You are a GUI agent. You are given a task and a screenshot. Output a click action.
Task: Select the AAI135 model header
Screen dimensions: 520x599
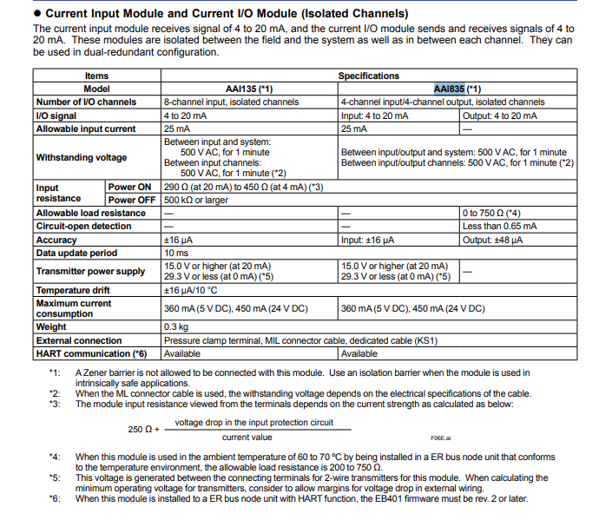pos(248,89)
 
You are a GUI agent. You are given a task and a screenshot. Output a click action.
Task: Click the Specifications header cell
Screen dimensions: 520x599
pos(368,76)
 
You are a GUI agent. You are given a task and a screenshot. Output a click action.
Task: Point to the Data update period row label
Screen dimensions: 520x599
pos(76,253)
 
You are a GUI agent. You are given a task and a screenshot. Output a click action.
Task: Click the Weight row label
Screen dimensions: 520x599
pos(51,326)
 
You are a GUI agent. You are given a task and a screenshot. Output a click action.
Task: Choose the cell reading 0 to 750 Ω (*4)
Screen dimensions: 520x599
pos(493,213)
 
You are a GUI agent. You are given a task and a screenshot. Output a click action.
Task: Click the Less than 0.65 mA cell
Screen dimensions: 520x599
pos(500,226)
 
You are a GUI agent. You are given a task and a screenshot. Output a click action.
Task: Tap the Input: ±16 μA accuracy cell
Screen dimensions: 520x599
pos(368,240)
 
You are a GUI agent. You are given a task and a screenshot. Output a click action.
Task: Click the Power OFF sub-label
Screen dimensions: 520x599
pos(133,199)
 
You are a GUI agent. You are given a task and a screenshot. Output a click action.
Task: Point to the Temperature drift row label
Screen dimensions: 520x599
pos(73,289)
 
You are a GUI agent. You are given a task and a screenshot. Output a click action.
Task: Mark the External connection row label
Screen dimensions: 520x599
pos(79,340)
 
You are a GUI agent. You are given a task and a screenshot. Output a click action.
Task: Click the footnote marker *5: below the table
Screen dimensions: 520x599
pos(56,477)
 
